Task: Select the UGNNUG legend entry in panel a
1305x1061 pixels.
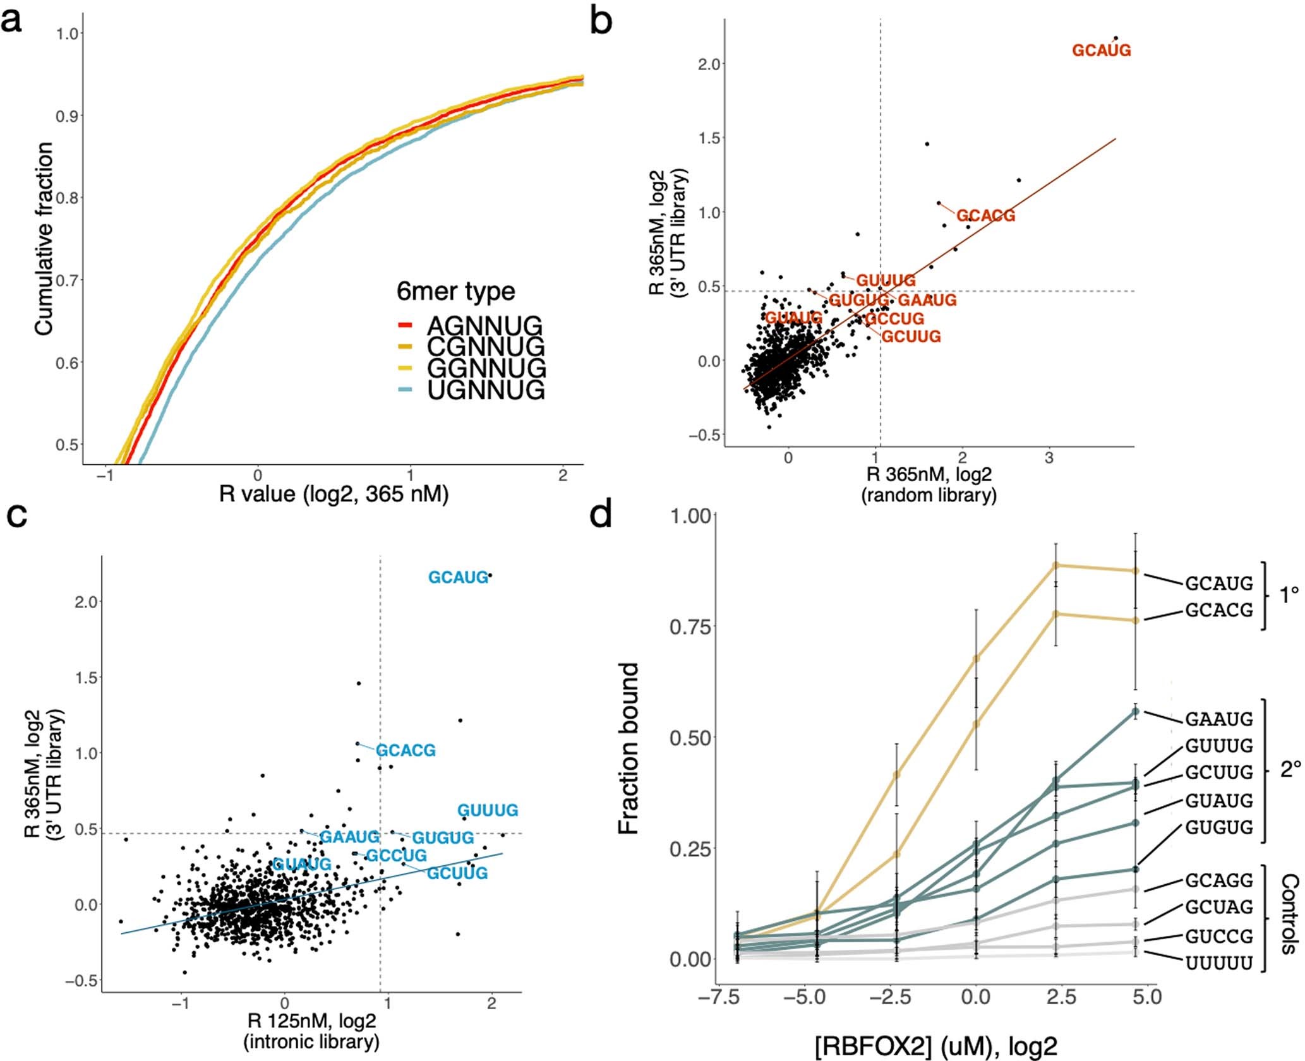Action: [x=485, y=390]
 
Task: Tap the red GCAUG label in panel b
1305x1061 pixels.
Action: [x=1101, y=51]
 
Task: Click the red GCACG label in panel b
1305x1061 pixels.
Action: [x=985, y=216]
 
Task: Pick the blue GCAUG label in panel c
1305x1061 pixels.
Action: [x=458, y=577]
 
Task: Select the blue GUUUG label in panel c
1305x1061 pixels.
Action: [x=487, y=810]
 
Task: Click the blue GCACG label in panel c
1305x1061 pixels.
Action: [x=406, y=750]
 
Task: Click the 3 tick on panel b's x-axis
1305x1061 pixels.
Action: [x=1049, y=459]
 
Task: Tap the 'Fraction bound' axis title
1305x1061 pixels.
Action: [x=628, y=748]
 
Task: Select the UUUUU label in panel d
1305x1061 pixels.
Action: [x=1218, y=964]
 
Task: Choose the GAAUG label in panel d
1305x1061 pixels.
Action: [x=1218, y=719]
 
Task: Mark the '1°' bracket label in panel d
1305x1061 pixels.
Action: [x=1289, y=595]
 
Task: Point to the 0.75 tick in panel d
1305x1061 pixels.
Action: [x=690, y=626]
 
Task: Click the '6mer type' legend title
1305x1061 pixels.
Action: [x=455, y=291]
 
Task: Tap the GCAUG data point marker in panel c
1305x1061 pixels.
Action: [x=490, y=575]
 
